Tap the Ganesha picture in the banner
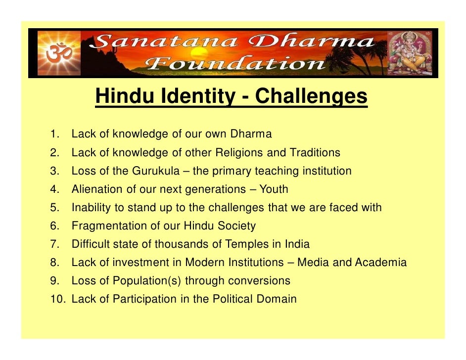pos(409,53)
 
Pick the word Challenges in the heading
pos(311,97)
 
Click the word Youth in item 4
pos(274,189)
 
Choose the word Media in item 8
pos(314,263)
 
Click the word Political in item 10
pos(233,299)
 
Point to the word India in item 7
pos(297,244)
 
